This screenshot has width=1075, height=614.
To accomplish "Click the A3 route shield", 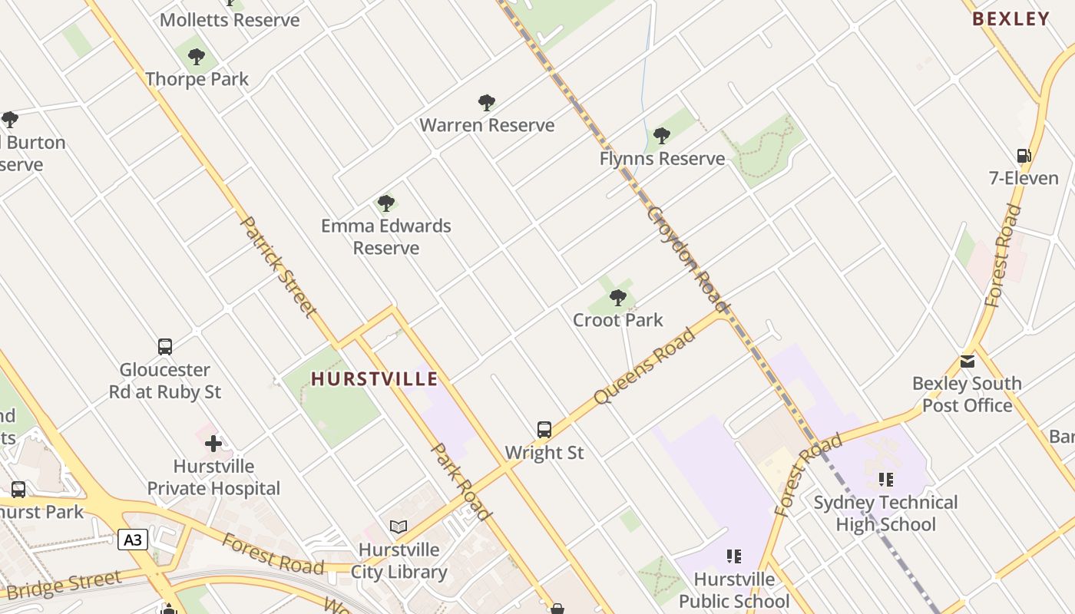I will (133, 540).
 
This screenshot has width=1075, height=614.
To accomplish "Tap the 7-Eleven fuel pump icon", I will (1024, 156).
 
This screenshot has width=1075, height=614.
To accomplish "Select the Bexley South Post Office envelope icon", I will (967, 361).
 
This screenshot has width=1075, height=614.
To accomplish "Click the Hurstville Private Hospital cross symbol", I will (213, 444).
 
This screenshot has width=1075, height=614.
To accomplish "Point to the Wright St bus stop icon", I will (544, 430).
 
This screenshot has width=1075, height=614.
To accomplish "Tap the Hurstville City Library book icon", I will (398, 527).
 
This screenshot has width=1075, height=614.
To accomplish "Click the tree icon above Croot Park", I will (617, 298).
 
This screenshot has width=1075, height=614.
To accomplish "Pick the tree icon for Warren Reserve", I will (486, 103).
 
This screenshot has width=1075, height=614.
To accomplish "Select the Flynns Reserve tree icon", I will (661, 137).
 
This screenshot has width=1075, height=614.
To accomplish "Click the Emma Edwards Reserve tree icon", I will (386, 203).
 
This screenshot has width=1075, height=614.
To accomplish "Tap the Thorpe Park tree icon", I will (197, 57).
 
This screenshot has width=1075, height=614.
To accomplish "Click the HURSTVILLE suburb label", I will (374, 378).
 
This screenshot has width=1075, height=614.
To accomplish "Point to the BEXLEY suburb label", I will (1011, 19).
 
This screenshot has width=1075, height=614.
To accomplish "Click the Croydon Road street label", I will (687, 259).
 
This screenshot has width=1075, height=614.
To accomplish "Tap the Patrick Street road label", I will (278, 266).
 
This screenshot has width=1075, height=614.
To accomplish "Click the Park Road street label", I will (461, 481).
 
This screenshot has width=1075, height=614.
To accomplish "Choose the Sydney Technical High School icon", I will (886, 480).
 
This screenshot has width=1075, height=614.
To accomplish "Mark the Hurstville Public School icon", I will (733, 556).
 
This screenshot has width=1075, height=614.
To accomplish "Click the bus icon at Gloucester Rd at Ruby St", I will (165, 347).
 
